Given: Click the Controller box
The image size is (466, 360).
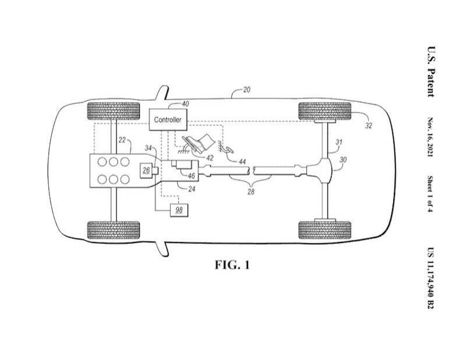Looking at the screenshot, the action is (168, 119).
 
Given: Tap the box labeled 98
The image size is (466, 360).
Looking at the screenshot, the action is (179, 210).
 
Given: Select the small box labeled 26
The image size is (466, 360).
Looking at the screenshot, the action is (146, 170).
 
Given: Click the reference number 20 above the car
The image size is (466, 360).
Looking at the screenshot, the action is (246, 90).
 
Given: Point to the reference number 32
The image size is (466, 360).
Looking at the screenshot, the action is (369, 126).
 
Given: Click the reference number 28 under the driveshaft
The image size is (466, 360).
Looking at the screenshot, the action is (251, 192).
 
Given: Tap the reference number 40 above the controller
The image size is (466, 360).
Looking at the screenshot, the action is (185, 104).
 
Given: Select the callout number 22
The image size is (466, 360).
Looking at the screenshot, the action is (122, 140).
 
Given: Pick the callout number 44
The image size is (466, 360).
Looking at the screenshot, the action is (242, 161).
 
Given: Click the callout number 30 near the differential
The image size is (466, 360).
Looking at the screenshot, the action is (343, 160).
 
